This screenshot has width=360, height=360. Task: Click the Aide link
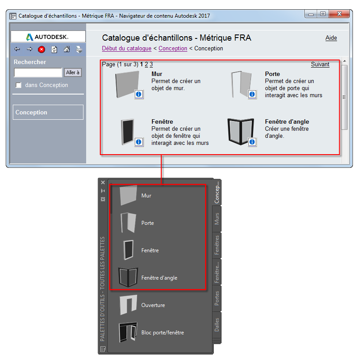(x=331, y=38)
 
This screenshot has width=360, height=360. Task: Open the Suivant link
(x=320, y=64)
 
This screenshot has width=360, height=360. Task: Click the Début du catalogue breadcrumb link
(x=126, y=49)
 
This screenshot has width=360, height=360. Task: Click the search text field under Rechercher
(x=38, y=72)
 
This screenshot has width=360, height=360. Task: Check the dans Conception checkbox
(x=19, y=85)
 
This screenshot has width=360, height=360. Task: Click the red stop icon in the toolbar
(x=42, y=49)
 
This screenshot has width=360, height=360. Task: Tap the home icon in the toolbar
(x=67, y=49)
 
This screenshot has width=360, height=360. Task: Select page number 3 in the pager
(x=151, y=64)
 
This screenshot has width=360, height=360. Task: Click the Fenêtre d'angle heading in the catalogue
(x=287, y=122)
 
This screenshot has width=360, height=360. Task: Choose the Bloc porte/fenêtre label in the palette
(x=162, y=333)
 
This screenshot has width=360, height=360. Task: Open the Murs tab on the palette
(x=216, y=219)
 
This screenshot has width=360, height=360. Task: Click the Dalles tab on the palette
(x=216, y=325)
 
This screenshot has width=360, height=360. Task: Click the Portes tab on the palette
(x=216, y=299)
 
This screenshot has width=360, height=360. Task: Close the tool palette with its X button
(x=103, y=182)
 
